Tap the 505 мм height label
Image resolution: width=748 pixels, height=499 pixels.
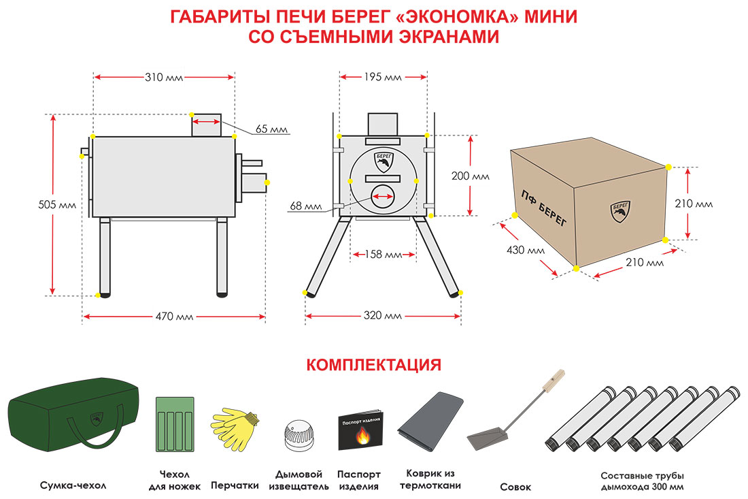pyautogui.click(x=57, y=205)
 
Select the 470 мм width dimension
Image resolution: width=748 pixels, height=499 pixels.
pyautogui.click(x=174, y=316)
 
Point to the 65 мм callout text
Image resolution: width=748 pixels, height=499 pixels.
pyautogui.click(x=271, y=129)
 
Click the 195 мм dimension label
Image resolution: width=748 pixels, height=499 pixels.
pyautogui.click(x=383, y=77)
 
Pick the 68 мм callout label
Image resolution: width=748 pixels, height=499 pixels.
pyautogui.click(x=306, y=206)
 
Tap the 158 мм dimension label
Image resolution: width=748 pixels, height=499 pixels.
pyautogui.click(x=384, y=255)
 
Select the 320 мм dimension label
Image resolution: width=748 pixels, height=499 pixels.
pyautogui.click(x=383, y=316)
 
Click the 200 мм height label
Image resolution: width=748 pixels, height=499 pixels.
pyautogui.click(x=471, y=176)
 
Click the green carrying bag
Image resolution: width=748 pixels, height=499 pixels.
pyautogui.click(x=74, y=415)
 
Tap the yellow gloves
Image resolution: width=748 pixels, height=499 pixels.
pyautogui.click(x=235, y=428)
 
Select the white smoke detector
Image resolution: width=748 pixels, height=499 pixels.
pyautogui.click(x=299, y=435)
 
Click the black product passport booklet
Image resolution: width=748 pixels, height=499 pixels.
pyautogui.click(x=360, y=430)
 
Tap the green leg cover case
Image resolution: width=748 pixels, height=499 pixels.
pyautogui.click(x=175, y=424)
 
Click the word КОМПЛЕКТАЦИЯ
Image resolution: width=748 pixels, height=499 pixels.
pyautogui.click(x=373, y=365)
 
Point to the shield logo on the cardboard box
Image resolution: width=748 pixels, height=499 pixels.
pyautogui.click(x=620, y=212)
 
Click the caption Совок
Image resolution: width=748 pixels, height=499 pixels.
pyautogui.click(x=515, y=487)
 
